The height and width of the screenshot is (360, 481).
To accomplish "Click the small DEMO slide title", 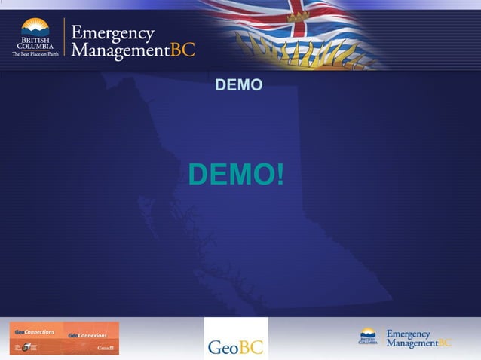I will click(239, 85).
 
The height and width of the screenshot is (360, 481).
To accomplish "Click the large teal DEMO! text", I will click(236, 175).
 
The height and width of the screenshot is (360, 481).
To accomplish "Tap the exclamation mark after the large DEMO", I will click(280, 175).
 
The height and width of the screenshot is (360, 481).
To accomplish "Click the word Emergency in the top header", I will click(112, 33).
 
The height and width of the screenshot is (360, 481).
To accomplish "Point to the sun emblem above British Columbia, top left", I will click(35, 27).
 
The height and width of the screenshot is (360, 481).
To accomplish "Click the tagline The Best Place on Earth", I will click(35, 54).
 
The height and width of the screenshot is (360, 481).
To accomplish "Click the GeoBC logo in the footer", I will click(235, 338).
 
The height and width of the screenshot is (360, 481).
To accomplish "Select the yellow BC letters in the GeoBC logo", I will click(253, 348).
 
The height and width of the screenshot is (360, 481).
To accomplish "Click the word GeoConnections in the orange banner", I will click(35, 332).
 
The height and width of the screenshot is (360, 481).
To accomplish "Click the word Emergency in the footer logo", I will click(408, 334).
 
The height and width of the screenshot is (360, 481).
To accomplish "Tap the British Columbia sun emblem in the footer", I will click(368, 332).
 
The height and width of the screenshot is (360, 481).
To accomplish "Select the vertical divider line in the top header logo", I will click(64, 38).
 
